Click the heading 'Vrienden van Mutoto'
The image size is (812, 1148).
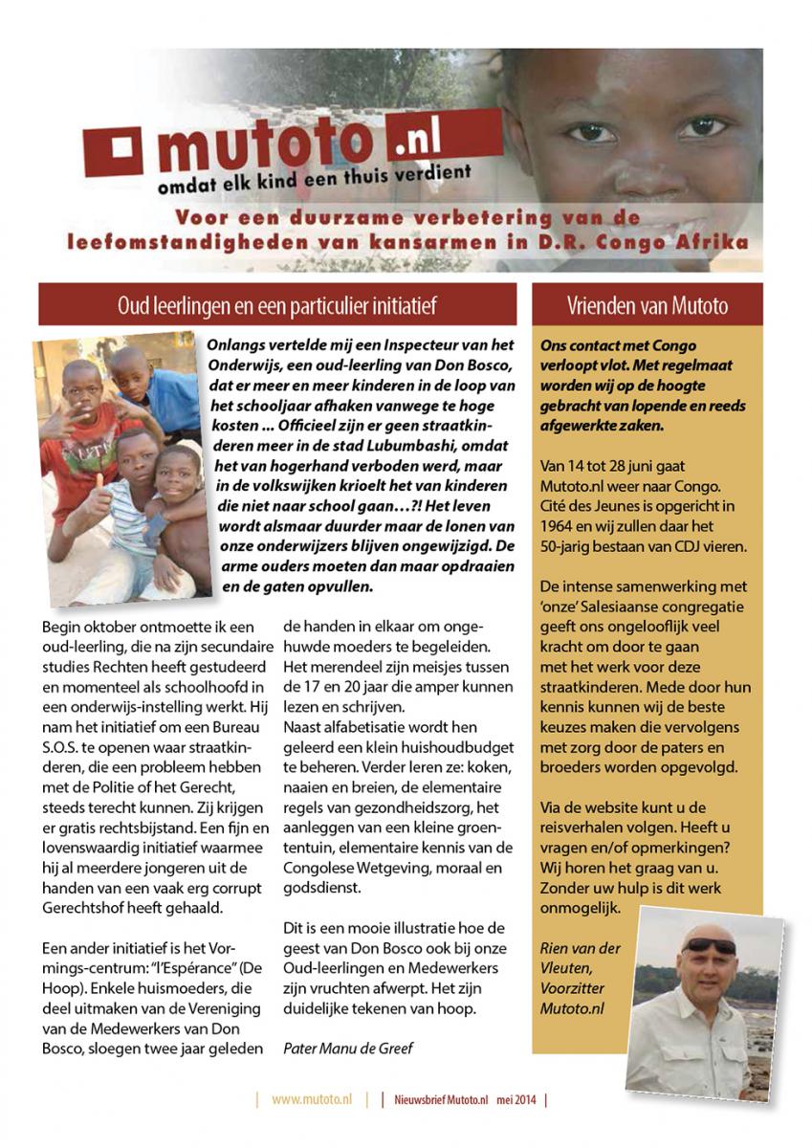coord(647,306)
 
